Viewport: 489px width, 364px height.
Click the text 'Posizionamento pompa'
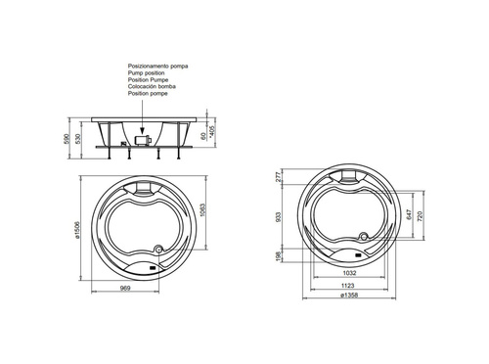157,67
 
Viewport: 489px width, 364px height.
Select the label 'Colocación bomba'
152,86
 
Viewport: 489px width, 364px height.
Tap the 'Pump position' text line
146,73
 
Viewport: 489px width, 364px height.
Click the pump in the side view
142,141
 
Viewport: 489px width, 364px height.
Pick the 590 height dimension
67,140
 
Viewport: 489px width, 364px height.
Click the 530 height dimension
77,140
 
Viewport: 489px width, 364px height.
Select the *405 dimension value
213,132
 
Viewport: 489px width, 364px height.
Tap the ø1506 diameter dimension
77,230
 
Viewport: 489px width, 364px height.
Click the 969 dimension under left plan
125,288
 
